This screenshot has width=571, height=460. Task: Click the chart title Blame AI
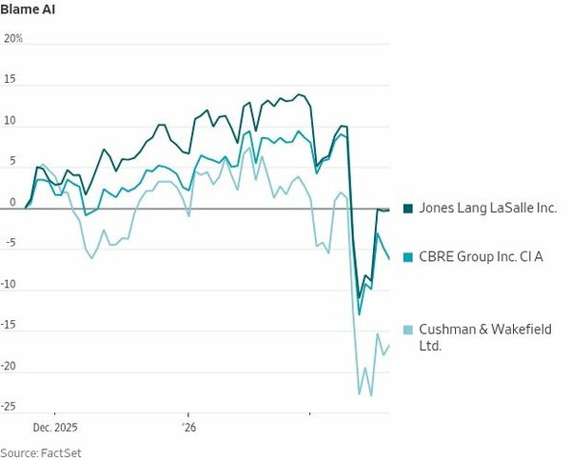(28, 9)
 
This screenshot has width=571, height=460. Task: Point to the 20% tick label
(13, 39)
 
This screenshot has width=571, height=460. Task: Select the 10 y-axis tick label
(11, 121)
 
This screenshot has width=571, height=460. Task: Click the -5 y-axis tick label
(10, 244)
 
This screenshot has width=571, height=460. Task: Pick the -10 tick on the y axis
(11, 285)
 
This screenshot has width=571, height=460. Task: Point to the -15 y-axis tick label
(11, 326)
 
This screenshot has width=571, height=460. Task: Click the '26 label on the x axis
(188, 428)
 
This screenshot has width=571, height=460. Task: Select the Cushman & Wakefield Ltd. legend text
(483, 337)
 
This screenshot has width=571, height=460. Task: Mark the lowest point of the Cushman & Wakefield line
(370, 395)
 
